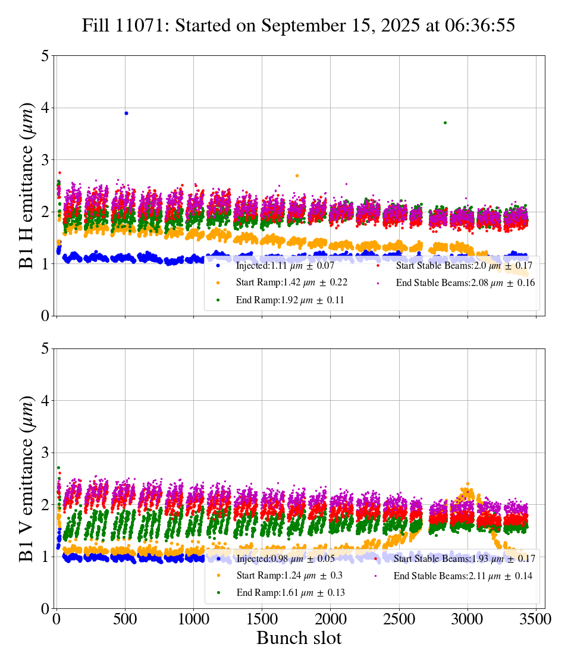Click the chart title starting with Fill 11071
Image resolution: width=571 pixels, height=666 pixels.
299,26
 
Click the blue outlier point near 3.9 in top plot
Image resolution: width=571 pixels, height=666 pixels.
126,113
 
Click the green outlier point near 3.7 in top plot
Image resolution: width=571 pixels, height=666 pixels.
445,122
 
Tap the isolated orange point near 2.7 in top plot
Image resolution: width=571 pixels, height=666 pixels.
297,175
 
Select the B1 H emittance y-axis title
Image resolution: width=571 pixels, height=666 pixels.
27,185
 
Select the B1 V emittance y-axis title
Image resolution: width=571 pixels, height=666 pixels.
27,478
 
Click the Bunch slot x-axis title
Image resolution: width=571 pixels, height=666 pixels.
299,638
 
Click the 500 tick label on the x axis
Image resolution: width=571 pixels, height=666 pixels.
125,618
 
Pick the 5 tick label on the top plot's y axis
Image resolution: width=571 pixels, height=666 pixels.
45,56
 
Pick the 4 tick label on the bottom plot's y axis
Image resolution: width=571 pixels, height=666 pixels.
45,401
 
